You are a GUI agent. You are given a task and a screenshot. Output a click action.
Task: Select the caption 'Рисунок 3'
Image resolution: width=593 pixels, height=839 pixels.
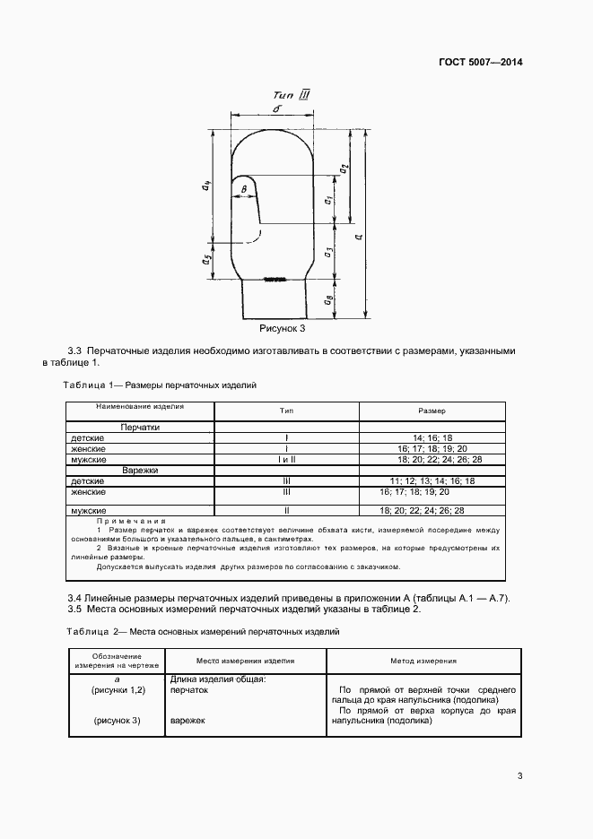[x=283, y=329]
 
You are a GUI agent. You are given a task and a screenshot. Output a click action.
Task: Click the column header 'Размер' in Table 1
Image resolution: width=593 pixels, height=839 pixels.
[x=432, y=410]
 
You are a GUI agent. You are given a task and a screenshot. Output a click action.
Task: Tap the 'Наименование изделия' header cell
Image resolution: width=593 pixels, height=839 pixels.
[x=140, y=406]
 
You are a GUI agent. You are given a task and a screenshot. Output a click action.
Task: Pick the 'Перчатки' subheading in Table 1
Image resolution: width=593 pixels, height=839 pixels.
[x=140, y=428]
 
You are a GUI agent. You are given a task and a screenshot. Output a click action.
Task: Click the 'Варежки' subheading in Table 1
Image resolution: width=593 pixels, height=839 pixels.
[x=140, y=470]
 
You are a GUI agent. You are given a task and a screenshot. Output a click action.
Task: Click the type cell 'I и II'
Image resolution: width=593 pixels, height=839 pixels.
[x=286, y=459]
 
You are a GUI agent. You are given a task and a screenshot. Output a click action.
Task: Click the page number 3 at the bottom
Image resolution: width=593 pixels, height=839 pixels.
[x=519, y=776]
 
